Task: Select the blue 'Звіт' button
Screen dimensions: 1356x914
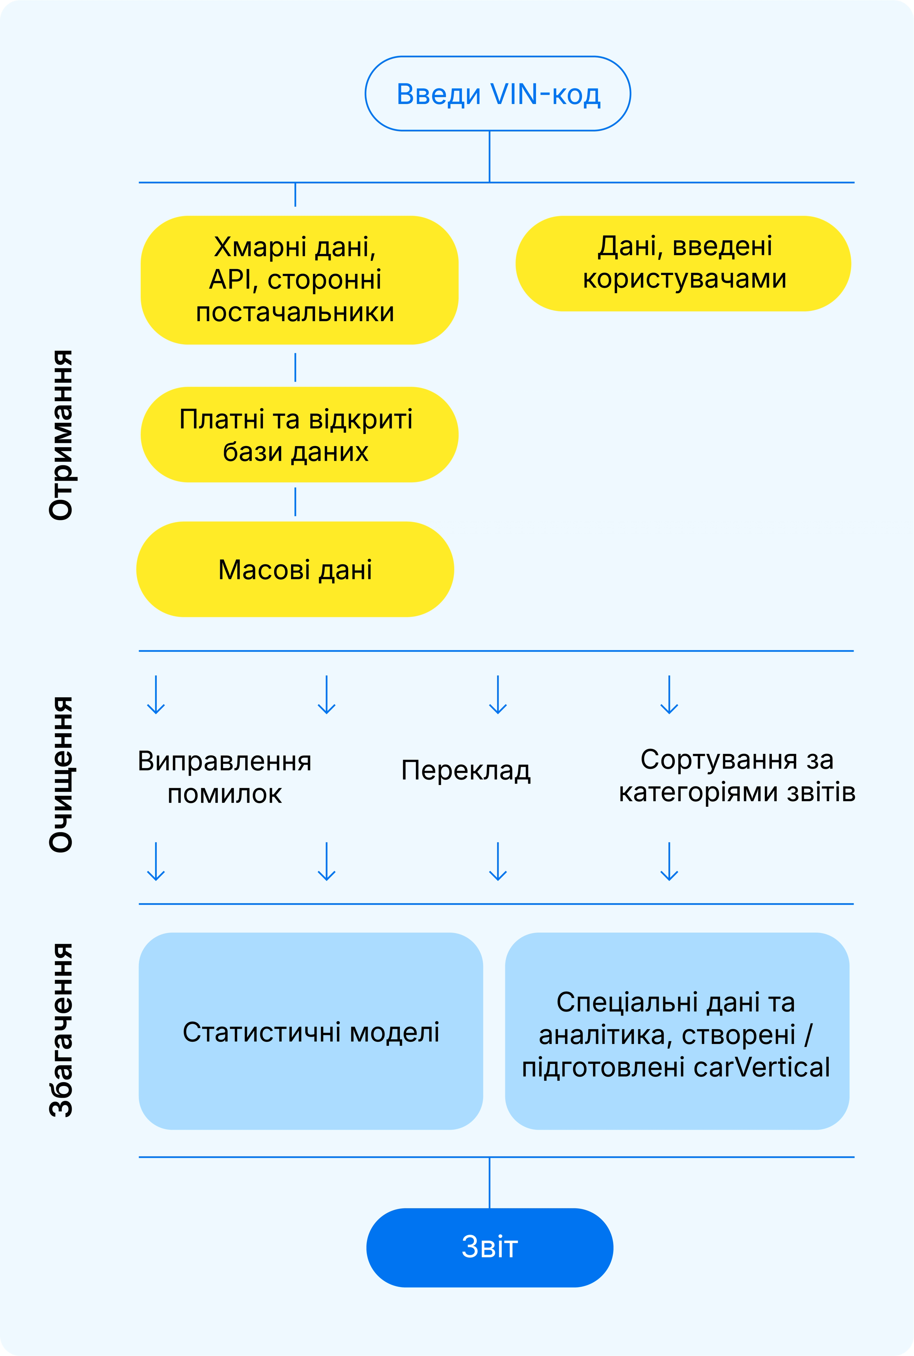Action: (x=490, y=1247)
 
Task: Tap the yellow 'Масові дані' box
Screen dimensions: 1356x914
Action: (x=295, y=569)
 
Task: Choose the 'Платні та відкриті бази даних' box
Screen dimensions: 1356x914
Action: (x=299, y=434)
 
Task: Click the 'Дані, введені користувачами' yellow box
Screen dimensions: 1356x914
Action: (x=683, y=263)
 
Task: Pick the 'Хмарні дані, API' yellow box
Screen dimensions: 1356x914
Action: (x=299, y=280)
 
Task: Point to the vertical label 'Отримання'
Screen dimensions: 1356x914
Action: (x=61, y=434)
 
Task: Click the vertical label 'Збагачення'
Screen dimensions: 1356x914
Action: (x=61, y=1030)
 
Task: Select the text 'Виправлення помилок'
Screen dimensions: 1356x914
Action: (x=224, y=777)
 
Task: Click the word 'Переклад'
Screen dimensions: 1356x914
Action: (x=466, y=770)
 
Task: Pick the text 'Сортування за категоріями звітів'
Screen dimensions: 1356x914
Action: (x=737, y=775)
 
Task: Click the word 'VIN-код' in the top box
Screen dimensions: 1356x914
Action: (x=545, y=94)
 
